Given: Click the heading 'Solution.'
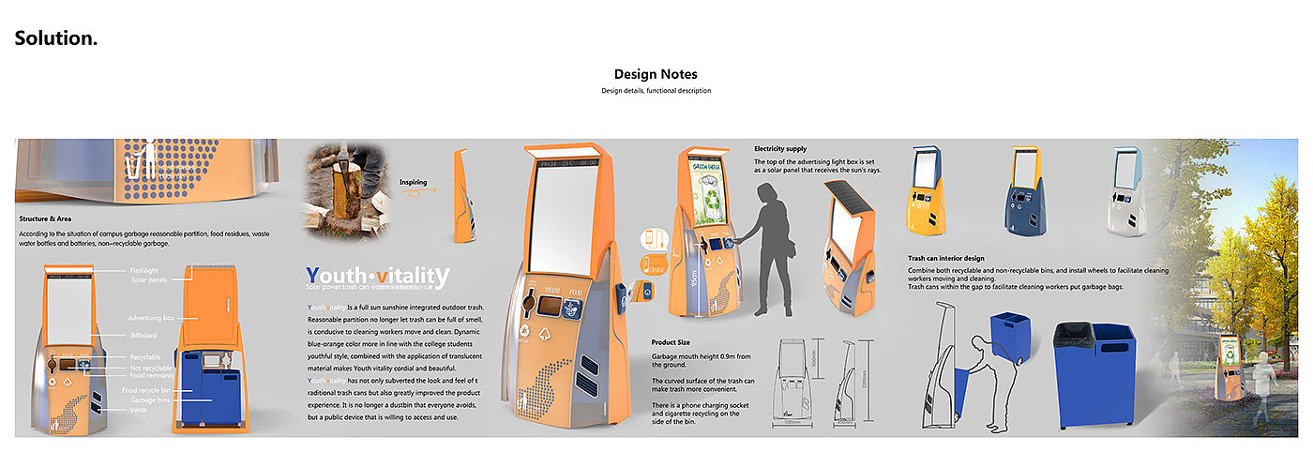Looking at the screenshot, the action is tap(56, 38).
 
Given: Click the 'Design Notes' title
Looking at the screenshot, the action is tap(656, 74).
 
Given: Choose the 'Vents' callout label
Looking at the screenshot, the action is tap(138, 409).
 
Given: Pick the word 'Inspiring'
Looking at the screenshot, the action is tap(414, 182).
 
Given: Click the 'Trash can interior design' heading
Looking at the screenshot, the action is tap(958, 258).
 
